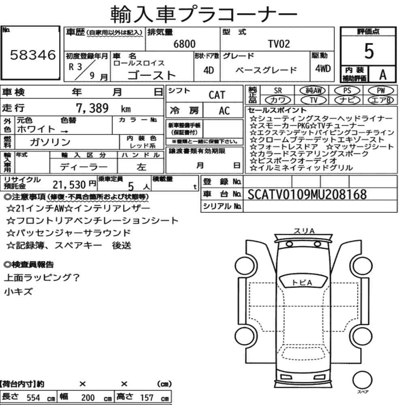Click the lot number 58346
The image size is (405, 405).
pos(33,55)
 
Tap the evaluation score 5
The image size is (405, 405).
pos(369,51)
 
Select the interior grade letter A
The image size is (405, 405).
pos(383,75)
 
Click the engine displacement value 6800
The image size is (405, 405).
pos(184,44)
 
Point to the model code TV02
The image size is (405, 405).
pos(279,44)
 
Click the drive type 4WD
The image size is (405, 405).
pos(323,68)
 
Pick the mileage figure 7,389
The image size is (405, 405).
pos(92,108)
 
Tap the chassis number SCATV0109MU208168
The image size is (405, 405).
pos(307,194)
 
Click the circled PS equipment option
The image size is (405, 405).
pos(347,91)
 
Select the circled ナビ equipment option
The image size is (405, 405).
pos(347,100)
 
